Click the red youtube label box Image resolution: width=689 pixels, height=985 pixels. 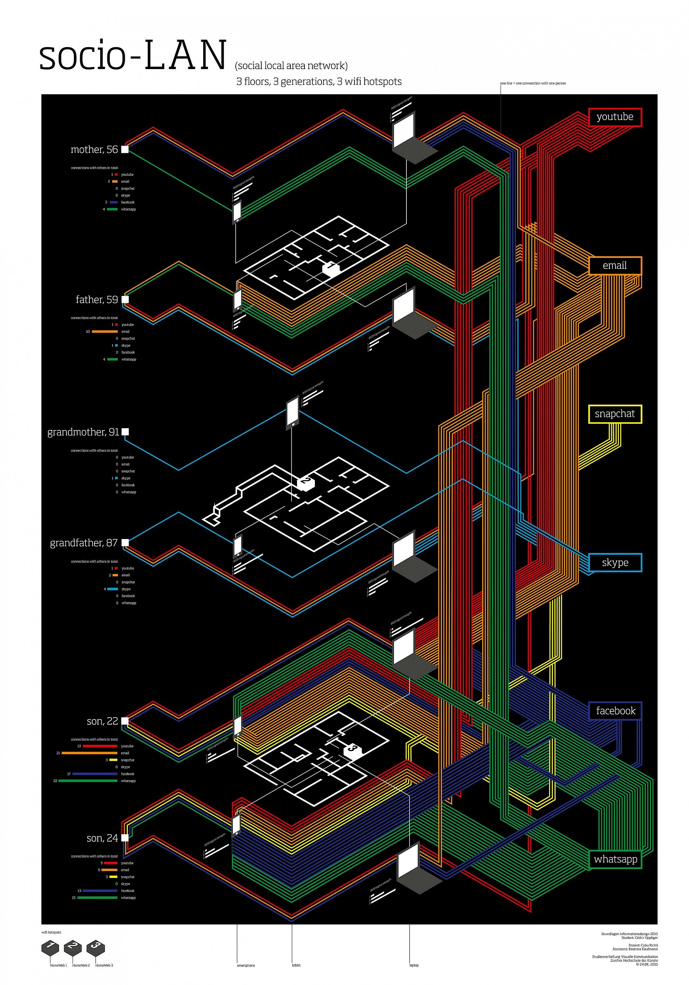click(x=615, y=117)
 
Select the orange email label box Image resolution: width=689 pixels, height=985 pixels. click(x=615, y=265)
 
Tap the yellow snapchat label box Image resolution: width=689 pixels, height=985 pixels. click(x=615, y=414)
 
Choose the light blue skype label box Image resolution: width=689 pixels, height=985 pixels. click(x=615, y=562)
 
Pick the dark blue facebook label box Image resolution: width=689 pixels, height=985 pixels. click(x=615, y=711)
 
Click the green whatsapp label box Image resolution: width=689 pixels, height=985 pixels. click(x=615, y=859)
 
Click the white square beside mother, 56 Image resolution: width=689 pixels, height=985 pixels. click(x=125, y=149)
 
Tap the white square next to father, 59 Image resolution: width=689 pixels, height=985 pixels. click(x=125, y=300)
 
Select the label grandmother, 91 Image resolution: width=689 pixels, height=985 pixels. click(x=83, y=432)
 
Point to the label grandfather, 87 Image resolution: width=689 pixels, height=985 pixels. click(x=84, y=543)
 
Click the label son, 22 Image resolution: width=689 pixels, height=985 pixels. click(x=102, y=721)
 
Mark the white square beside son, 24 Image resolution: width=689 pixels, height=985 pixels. click(x=125, y=838)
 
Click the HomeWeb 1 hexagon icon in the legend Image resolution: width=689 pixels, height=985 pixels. click(x=50, y=947)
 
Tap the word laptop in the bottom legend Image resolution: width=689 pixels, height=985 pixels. click(x=414, y=965)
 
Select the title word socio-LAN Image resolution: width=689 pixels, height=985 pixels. click(x=133, y=56)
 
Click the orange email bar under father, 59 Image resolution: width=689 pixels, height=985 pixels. click(x=105, y=332)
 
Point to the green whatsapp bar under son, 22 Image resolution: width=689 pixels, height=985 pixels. click(x=88, y=781)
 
